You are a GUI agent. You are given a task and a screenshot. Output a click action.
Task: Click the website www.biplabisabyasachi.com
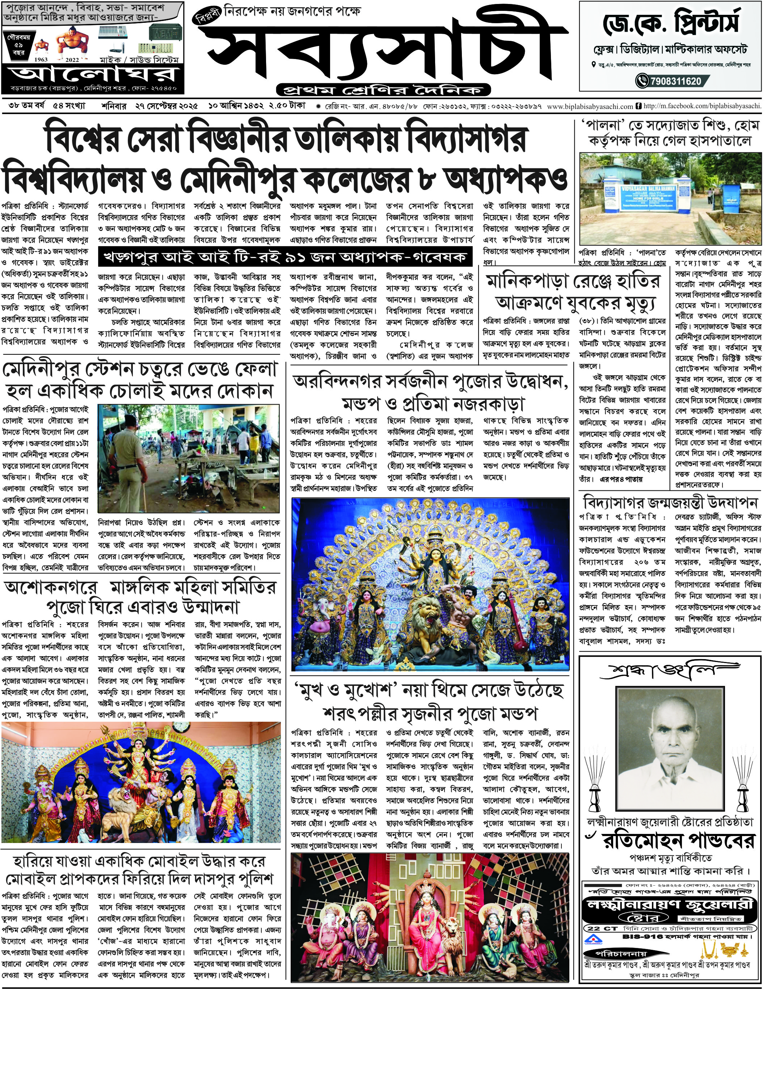point(590,107)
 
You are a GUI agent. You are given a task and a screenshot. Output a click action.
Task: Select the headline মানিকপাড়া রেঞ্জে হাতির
point(573,282)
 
